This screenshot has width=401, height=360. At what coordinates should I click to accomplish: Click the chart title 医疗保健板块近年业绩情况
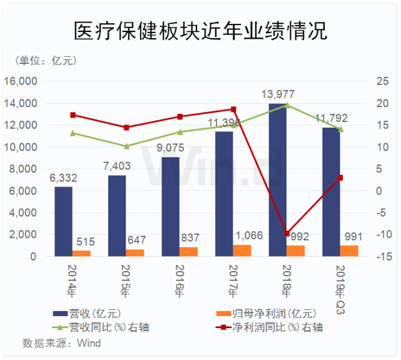point(200,30)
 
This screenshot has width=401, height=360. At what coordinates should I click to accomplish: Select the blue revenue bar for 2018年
point(277,182)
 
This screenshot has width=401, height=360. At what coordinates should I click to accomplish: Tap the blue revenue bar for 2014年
point(63,222)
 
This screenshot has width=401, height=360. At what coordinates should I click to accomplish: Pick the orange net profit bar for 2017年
point(241,250)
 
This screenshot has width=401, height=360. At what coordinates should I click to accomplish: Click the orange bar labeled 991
point(349,251)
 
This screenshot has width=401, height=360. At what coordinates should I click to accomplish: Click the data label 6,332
point(64,177)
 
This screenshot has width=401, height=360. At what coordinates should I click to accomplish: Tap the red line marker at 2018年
point(287,234)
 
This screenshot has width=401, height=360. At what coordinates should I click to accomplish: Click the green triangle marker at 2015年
point(126,146)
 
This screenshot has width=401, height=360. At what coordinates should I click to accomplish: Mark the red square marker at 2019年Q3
point(340,178)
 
